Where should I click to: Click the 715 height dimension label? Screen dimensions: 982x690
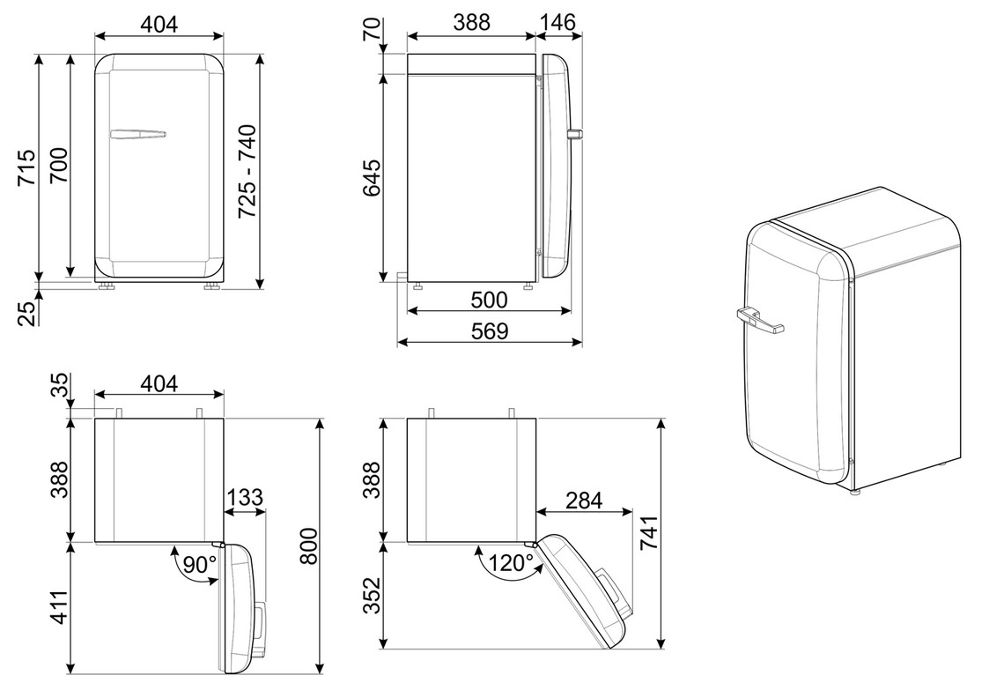point(26,167)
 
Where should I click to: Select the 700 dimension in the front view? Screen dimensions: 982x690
point(59,165)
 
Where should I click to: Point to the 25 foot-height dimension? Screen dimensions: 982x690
point(26,314)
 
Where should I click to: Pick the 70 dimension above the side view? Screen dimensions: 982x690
point(372,29)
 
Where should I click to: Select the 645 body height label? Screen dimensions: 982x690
point(372,178)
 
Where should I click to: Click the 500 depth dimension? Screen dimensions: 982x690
point(489,300)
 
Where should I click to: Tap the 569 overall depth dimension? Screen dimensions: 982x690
point(489,330)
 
